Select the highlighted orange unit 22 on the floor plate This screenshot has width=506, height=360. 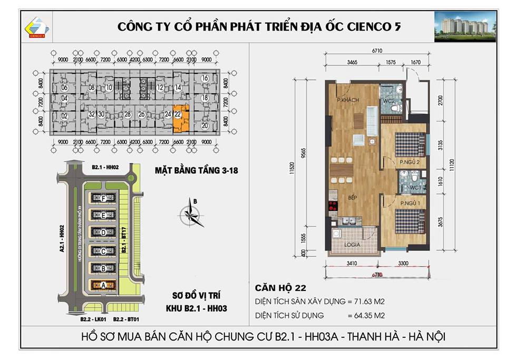[x=179, y=121]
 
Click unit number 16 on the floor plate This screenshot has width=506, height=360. [x=205, y=78]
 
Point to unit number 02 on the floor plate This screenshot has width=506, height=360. [x=65, y=116]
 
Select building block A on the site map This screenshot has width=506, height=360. [x=103, y=285]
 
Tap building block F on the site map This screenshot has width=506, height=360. [x=103, y=198]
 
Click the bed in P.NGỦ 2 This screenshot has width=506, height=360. [x=410, y=143]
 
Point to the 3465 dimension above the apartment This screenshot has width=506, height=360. [x=352, y=63]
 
